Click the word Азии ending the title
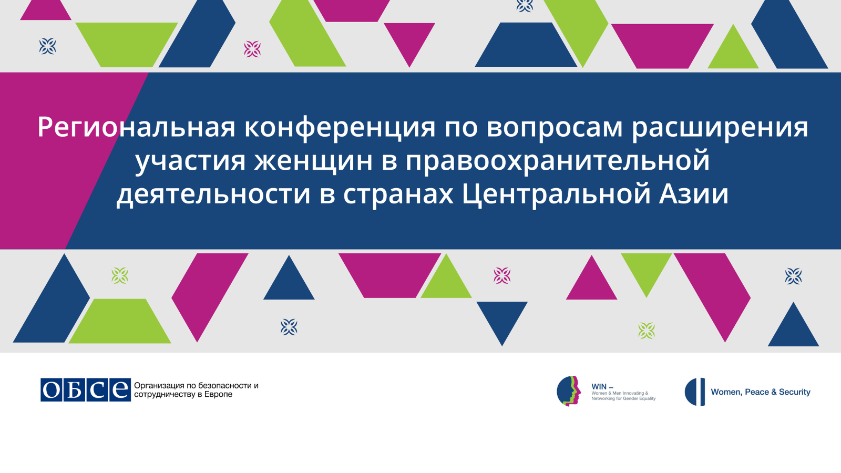(693, 194)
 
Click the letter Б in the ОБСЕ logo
(74, 389)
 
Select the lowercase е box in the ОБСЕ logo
(120, 389)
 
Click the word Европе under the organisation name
(219, 395)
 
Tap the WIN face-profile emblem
(568, 391)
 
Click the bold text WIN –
(602, 387)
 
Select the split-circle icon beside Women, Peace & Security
(695, 392)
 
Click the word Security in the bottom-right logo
(794, 392)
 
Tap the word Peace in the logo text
(757, 392)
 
